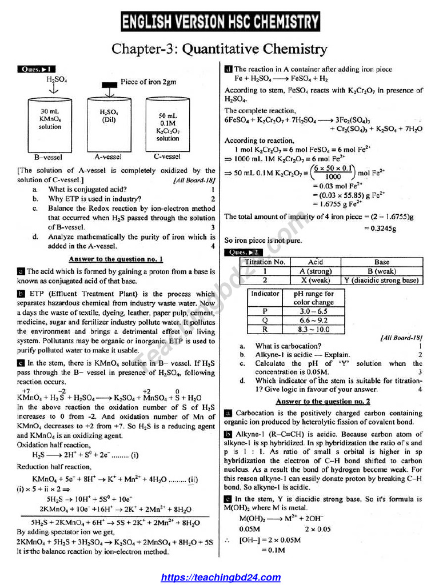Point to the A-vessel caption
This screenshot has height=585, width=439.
[x=109, y=156]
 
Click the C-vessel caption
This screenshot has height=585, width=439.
[x=167, y=156]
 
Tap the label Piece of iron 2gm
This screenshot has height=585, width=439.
[x=148, y=82]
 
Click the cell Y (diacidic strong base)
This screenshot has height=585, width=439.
[x=381, y=281]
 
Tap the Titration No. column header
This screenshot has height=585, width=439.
[x=265, y=262]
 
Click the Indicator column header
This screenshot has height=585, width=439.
[x=265, y=294]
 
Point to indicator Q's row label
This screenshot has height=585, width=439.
[x=265, y=320]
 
